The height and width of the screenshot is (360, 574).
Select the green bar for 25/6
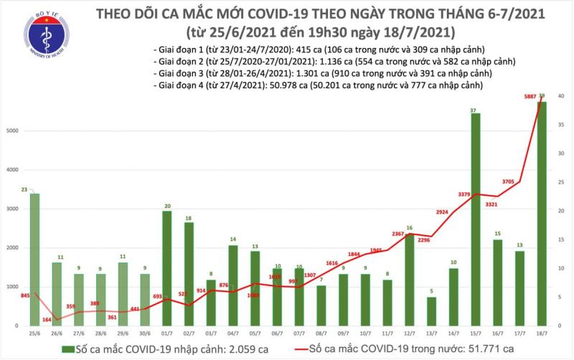(x=34, y=259)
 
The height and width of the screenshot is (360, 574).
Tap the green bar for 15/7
(x=476, y=219)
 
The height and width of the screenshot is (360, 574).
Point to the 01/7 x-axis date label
(x=166, y=333)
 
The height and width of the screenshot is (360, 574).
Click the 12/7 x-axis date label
(x=409, y=333)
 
